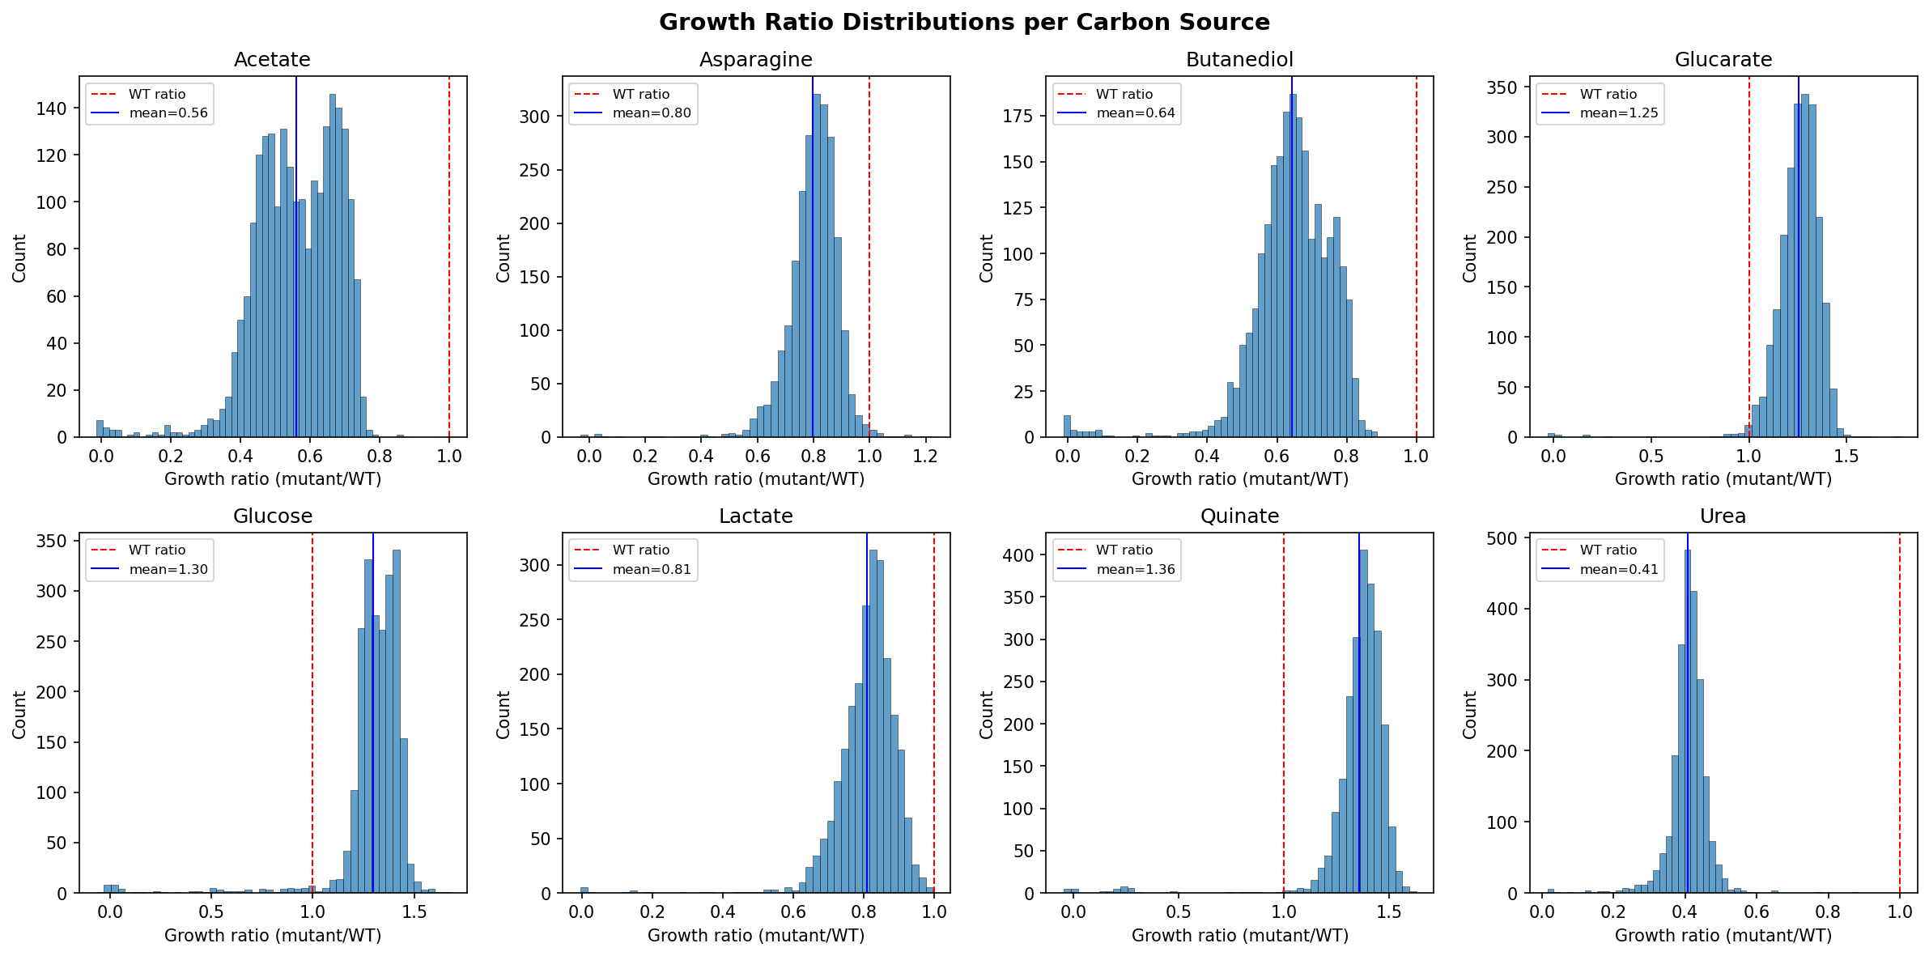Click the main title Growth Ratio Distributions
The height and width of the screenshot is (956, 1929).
pyautogui.click(x=963, y=22)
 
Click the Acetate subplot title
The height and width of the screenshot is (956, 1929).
pyautogui.click(x=272, y=60)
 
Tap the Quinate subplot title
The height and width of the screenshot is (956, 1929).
pyautogui.click(x=1239, y=516)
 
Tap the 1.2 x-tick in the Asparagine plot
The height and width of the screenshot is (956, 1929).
pyautogui.click(x=925, y=457)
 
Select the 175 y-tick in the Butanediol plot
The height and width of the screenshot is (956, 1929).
pyautogui.click(x=1018, y=116)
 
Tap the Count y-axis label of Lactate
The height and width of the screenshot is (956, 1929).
pyautogui.click(x=503, y=714)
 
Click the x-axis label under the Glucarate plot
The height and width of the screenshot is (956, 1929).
pyautogui.click(x=1723, y=479)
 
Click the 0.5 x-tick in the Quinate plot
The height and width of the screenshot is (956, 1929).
pyautogui.click(x=1179, y=912)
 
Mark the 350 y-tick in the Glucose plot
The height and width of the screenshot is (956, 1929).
pyautogui.click(x=51, y=541)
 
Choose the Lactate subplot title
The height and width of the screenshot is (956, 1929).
pyautogui.click(x=755, y=516)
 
